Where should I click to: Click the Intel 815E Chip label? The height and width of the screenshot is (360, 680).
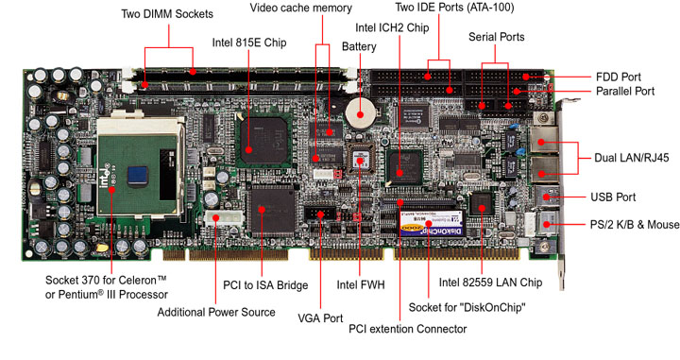tap(249, 43)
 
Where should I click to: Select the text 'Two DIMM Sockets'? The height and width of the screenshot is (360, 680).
tap(167, 14)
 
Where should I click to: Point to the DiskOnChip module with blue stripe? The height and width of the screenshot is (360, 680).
tap(432, 223)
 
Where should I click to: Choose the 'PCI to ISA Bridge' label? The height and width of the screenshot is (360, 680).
tap(265, 285)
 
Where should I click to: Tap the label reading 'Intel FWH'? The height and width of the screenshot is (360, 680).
tap(361, 285)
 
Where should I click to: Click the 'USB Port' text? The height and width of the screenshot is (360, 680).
tap(613, 197)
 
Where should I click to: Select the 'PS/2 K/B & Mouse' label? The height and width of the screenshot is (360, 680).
tap(635, 225)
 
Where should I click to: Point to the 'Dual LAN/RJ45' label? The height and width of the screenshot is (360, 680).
tap(632, 158)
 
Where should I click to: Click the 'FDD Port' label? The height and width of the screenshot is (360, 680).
tap(619, 77)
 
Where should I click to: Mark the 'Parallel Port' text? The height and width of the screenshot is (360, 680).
tap(625, 91)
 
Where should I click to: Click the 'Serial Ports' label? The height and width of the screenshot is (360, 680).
tap(497, 37)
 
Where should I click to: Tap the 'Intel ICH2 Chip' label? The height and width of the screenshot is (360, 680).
tap(392, 27)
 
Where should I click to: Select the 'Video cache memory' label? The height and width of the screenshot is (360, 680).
tap(301, 8)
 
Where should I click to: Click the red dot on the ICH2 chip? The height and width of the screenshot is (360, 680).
tap(399, 173)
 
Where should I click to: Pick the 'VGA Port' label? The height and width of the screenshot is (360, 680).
tap(320, 318)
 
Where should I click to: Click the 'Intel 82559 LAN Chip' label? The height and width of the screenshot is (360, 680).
tap(490, 283)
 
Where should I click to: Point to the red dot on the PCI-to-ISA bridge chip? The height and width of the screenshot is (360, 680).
tap(262, 210)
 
